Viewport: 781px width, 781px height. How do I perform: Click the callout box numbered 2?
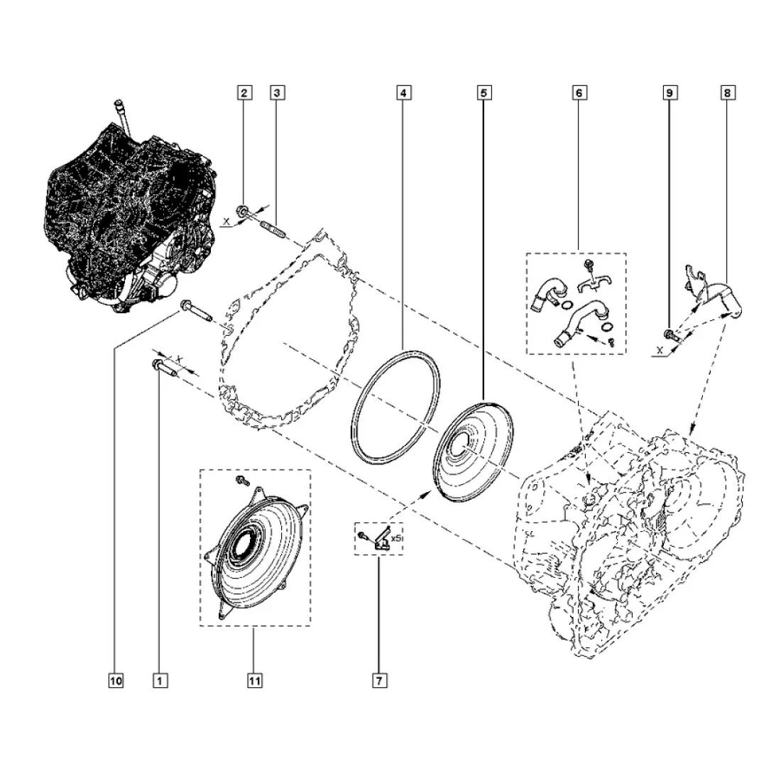click(244, 92)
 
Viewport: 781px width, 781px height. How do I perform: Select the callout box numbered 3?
click(278, 92)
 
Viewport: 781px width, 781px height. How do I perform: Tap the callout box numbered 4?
click(404, 92)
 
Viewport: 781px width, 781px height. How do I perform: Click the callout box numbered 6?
click(578, 92)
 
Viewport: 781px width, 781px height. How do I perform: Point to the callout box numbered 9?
click(670, 92)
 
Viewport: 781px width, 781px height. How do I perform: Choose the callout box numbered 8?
click(727, 92)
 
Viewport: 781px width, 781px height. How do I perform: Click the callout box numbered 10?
click(116, 681)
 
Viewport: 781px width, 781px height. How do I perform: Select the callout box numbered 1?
click(160, 681)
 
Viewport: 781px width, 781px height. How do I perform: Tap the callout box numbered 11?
click(254, 681)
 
